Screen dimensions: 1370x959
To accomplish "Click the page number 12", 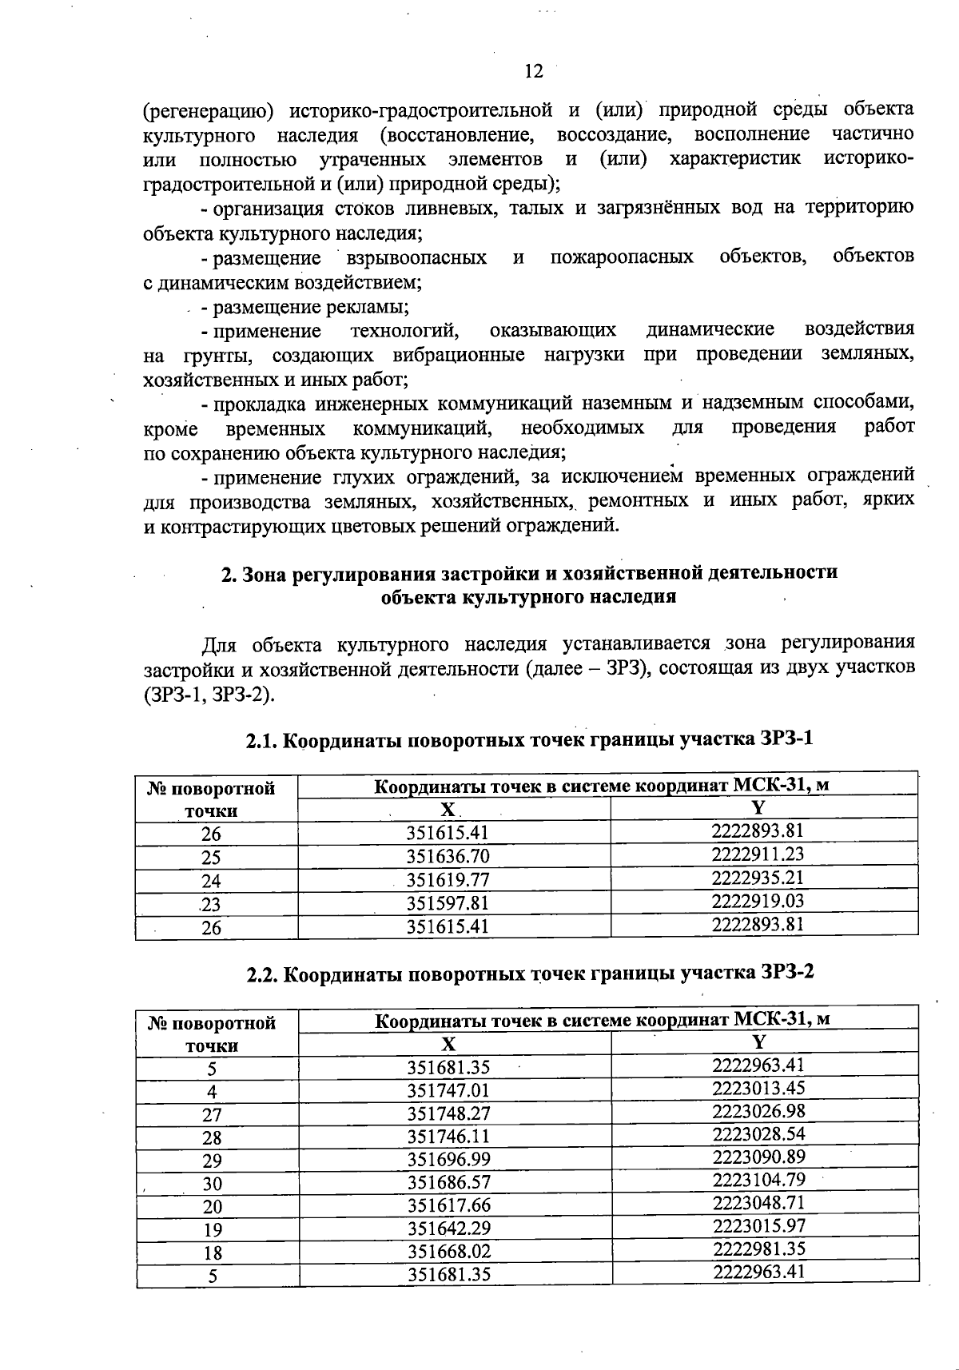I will [533, 72].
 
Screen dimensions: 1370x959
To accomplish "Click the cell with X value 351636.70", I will [448, 857].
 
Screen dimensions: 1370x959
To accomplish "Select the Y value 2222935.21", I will [758, 878].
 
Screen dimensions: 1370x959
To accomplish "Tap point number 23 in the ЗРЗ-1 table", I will [211, 904].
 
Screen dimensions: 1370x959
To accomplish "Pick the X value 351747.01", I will [448, 1091].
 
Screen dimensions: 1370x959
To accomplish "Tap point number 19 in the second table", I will [212, 1230].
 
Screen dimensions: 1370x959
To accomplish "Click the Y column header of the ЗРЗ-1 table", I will [758, 807].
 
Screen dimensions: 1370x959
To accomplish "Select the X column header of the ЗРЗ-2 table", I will [448, 1044].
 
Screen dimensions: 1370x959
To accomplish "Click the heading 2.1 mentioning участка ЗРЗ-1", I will [528, 739].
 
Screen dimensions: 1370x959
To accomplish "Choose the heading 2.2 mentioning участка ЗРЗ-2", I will [528, 974].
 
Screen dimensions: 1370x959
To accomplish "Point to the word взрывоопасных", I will [416, 258].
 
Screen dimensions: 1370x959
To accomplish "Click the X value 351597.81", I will [448, 903].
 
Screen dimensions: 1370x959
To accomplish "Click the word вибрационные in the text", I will [459, 355].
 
